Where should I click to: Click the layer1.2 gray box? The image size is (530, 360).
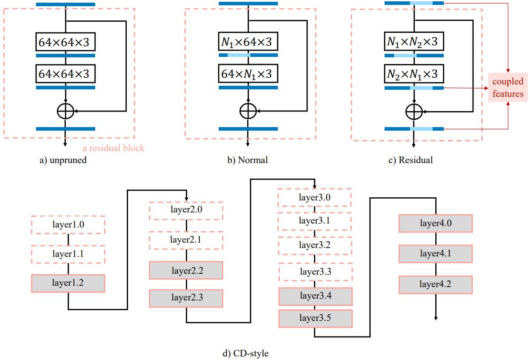point(68,283)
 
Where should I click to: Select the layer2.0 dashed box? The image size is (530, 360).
point(185,210)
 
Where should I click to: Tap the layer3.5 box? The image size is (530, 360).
point(315,319)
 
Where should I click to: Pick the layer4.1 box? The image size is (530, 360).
point(435,254)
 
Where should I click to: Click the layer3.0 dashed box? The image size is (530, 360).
point(315,197)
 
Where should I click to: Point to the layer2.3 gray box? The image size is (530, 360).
point(185,298)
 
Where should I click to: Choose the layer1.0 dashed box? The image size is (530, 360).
point(68,225)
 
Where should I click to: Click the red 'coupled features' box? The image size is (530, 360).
point(508,88)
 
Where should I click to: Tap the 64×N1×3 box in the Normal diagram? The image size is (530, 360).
point(248,73)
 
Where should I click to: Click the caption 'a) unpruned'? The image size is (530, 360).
point(63,160)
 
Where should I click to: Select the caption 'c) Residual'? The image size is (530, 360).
point(410,160)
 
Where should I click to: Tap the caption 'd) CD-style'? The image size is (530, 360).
point(245,354)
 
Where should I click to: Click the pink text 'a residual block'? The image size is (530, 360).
point(114,148)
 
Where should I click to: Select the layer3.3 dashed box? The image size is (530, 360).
point(315,271)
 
